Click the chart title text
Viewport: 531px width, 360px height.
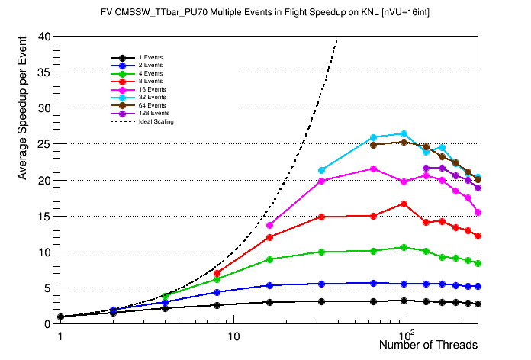click(x=265, y=13)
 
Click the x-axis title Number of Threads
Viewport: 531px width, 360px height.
click(x=428, y=345)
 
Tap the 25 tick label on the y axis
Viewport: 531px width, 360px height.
click(x=44, y=144)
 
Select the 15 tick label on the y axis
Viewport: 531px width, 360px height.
click(x=44, y=216)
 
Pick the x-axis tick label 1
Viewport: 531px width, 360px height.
click(x=60, y=336)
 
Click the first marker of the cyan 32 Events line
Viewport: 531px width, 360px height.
click(x=322, y=170)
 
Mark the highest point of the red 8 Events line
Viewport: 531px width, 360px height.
click(x=404, y=204)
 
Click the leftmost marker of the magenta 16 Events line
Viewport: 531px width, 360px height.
click(x=270, y=225)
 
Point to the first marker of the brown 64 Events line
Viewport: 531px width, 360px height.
click(x=374, y=144)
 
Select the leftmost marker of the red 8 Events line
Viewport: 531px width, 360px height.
click(x=217, y=273)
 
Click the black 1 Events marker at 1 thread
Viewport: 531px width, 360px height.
click(x=60, y=317)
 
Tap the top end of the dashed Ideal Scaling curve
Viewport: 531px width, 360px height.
click(x=336, y=41)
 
